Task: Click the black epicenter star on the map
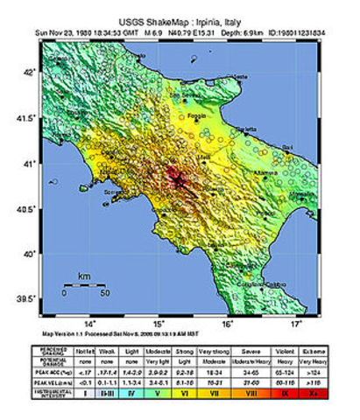coord(180,181)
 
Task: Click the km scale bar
coord(85,285)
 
